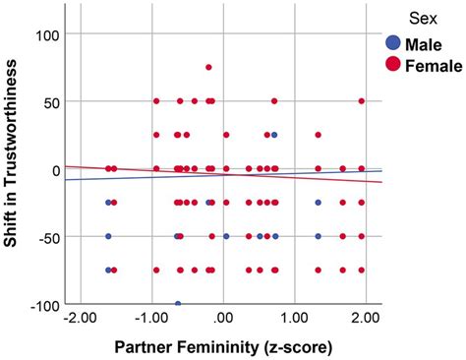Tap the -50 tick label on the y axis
pos(44,237)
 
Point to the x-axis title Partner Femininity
pos(223,346)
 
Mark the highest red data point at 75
pos(208,68)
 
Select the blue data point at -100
pos(178,304)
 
